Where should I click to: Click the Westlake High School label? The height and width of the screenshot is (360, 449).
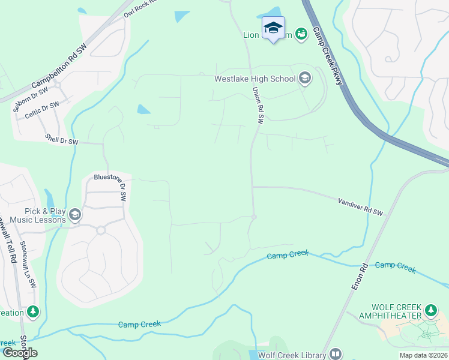(x=255, y=79)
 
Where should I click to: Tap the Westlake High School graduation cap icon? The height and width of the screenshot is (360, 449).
(x=305, y=78)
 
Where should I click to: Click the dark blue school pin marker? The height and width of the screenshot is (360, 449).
(x=273, y=28)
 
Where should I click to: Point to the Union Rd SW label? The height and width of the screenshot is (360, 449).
(x=258, y=106)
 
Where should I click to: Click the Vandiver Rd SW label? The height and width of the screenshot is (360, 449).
(x=360, y=208)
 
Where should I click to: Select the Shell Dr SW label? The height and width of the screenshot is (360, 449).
(x=62, y=140)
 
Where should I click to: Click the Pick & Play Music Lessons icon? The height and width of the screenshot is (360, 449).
(x=75, y=215)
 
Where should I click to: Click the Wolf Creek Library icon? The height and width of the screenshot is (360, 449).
(x=336, y=355)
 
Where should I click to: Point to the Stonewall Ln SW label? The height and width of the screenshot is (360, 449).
(x=28, y=263)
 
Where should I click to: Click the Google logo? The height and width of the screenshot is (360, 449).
(x=20, y=353)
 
